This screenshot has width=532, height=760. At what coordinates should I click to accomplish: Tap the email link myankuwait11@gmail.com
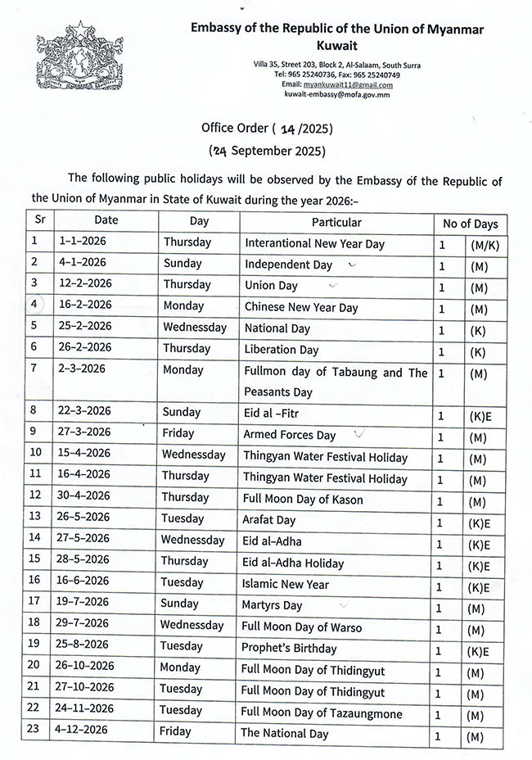coord(349,84)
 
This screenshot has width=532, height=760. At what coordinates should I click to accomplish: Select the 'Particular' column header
coord(336,222)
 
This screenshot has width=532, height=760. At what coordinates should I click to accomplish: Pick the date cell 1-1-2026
coord(83,242)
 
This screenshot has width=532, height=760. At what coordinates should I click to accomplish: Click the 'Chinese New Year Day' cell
coord(301,308)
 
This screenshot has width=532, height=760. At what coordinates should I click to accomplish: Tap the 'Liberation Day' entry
coord(281,350)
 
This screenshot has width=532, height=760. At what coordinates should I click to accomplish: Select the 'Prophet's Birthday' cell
coord(290,649)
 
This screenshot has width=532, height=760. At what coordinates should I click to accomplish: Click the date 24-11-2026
coord(89,711)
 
